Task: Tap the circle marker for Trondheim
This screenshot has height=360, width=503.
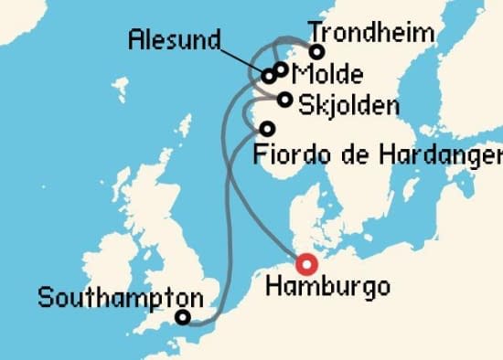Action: (317, 52)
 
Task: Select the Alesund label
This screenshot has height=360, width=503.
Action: (175, 39)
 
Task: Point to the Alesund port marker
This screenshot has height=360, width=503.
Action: (270, 76)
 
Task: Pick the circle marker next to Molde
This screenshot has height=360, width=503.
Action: (282, 69)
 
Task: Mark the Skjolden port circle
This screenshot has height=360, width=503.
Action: (286, 100)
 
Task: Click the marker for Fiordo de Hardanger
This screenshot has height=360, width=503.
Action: (267, 129)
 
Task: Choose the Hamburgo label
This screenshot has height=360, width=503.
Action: (326, 287)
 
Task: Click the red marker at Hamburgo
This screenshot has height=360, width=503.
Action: (306, 265)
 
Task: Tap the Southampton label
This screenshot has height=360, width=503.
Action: (121, 297)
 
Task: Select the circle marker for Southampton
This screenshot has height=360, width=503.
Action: (183, 318)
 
